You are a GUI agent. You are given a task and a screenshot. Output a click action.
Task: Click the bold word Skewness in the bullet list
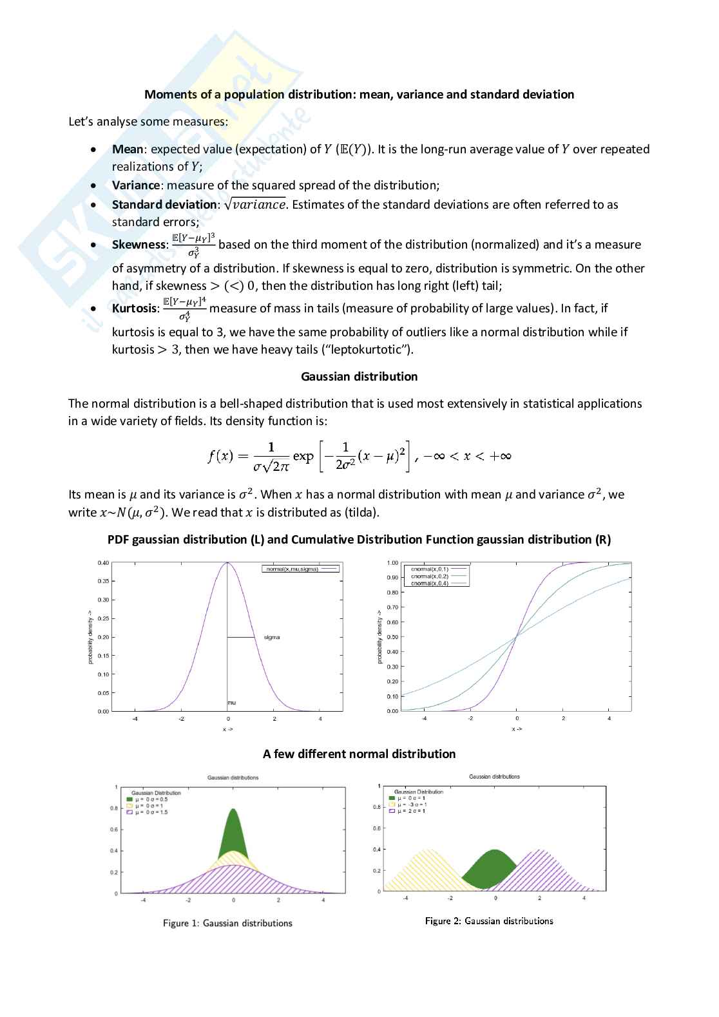click(139, 245)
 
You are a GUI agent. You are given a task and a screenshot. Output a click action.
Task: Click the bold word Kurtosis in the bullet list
click(134, 309)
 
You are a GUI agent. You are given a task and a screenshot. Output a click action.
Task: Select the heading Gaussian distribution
click(359, 377)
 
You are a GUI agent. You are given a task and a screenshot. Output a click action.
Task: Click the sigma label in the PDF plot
click(272, 638)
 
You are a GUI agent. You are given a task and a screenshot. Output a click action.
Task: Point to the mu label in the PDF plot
click(232, 703)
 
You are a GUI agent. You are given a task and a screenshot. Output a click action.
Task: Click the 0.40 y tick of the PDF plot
click(103, 563)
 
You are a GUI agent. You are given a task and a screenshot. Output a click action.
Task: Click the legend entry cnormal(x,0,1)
click(429, 569)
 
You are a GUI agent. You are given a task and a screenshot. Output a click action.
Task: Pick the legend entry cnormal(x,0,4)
click(429, 583)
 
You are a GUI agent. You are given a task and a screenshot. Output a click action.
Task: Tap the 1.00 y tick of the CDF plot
click(392, 563)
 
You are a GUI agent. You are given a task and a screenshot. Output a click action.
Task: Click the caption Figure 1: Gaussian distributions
click(227, 924)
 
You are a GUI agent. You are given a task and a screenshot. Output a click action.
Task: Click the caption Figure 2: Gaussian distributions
click(489, 921)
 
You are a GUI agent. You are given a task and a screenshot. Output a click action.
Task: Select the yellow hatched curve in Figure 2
click(425, 866)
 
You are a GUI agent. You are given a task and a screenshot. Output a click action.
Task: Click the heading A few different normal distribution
click(359, 754)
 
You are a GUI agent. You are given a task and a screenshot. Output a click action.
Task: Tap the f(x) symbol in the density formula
click(220, 456)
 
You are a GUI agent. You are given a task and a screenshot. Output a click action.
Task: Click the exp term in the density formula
click(303, 456)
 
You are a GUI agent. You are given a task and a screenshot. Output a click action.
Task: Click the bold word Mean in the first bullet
click(128, 149)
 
